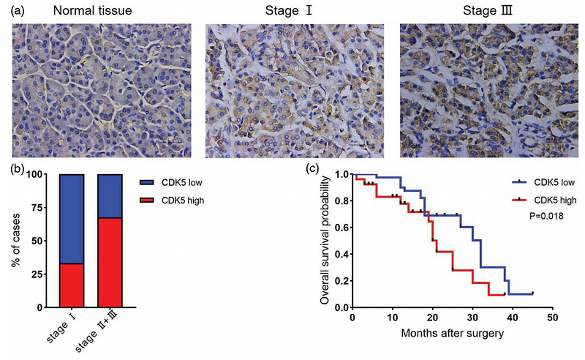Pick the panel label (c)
312,168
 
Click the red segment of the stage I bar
72,285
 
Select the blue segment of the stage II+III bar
110,196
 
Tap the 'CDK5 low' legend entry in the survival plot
556,181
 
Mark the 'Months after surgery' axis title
452,334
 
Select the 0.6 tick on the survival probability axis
341,228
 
